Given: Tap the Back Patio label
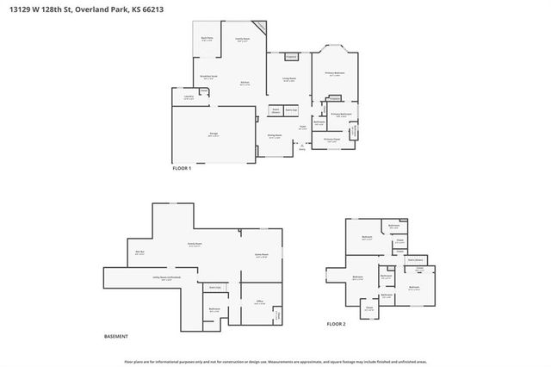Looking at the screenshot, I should (x=207, y=39).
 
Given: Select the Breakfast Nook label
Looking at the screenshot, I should (x=207, y=78).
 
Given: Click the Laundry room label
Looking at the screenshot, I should (x=189, y=97).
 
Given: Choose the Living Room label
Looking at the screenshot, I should (x=289, y=80).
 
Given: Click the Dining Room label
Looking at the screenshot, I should (x=275, y=135).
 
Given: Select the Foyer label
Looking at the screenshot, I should (x=302, y=128).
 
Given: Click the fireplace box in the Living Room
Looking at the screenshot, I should (x=291, y=57).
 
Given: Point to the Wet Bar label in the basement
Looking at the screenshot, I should (x=139, y=252).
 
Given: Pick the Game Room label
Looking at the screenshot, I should (x=262, y=255).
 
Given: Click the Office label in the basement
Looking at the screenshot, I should (x=258, y=302).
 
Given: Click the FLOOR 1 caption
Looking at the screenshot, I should (x=183, y=168).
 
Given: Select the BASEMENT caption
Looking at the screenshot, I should (x=116, y=336).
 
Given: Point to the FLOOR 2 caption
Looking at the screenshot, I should (x=335, y=324).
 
